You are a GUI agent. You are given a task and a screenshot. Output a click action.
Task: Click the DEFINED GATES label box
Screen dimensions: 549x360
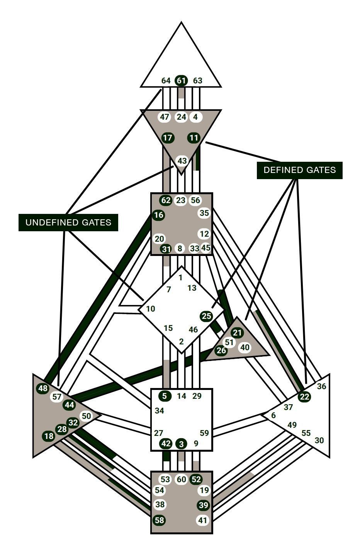coord(299,170)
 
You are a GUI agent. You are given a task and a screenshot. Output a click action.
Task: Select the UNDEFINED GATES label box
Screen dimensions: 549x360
coord(68,223)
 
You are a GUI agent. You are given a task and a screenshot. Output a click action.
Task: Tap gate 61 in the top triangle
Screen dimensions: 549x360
coord(181,81)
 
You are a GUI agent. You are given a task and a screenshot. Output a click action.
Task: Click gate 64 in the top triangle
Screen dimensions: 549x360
coord(166,81)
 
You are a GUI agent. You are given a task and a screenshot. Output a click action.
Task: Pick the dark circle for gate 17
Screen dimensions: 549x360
coord(167,138)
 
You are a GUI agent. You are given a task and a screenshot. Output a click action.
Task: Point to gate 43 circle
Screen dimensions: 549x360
coord(182,161)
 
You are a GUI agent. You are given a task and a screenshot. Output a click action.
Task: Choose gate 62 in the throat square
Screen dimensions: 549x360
coord(166,200)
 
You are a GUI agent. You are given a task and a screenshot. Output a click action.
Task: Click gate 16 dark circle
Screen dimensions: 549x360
coord(159,215)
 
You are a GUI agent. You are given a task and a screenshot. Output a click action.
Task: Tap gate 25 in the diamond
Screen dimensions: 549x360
coord(206,316)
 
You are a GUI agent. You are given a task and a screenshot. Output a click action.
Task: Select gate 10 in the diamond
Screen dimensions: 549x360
coord(150,309)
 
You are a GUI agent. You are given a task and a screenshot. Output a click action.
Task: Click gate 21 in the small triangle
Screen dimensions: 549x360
coord(237,333)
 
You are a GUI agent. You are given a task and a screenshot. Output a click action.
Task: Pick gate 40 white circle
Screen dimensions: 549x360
coord(245,347)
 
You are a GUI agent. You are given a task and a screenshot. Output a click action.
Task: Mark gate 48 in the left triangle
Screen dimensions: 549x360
coord(43,388)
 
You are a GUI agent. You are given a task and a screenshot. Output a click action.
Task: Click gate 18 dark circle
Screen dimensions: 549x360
coord(49,436)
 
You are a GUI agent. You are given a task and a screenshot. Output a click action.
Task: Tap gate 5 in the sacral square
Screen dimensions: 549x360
coord(165,396)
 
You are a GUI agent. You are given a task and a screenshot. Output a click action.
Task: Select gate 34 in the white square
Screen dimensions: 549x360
coord(159,411)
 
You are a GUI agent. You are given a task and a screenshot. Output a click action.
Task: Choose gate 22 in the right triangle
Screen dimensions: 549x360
coord(305,397)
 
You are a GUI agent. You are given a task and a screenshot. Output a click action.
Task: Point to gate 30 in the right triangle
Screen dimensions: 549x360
coord(319,441)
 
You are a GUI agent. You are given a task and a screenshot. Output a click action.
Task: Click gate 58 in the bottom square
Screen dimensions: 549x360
coord(160,520)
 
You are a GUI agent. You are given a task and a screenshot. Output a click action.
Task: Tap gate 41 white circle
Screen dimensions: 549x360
coord(203,520)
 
